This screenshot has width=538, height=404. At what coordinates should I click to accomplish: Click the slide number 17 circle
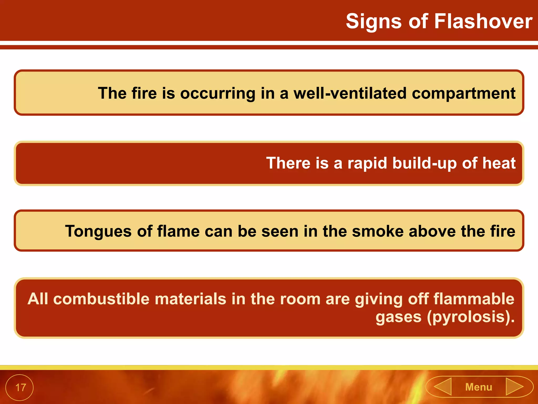coord(20,387)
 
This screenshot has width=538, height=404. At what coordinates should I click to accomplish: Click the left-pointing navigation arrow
coord(443,386)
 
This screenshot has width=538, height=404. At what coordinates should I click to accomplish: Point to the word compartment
coord(463,93)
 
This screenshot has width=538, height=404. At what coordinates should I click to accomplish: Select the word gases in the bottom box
coord(398,317)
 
